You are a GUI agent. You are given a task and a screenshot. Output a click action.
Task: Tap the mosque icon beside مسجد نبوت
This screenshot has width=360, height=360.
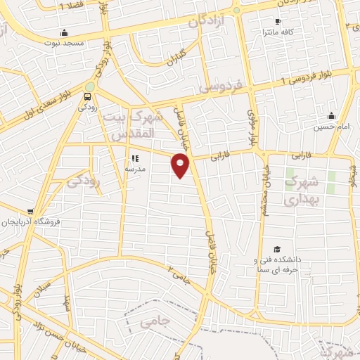[65, 32]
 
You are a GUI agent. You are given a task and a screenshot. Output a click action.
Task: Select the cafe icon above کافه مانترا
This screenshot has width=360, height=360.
[278, 22]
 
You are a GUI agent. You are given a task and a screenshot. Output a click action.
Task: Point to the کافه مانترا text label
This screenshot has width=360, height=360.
[277, 32]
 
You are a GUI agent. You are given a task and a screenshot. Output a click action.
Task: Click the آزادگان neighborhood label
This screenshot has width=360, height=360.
[208, 22]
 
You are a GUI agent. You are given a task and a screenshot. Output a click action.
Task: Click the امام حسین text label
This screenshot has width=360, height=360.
[331, 127]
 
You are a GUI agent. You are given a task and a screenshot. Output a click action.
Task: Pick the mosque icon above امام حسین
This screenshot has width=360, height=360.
[331, 116]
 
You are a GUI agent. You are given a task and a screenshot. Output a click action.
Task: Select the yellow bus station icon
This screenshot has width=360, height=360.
[88, 97]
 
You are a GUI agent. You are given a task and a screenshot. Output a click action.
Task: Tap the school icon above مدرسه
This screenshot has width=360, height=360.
[134, 159]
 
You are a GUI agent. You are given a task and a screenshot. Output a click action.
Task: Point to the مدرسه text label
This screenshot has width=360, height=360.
[134, 169]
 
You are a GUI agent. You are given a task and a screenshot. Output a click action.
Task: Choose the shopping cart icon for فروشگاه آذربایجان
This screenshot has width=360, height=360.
[30, 212]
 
